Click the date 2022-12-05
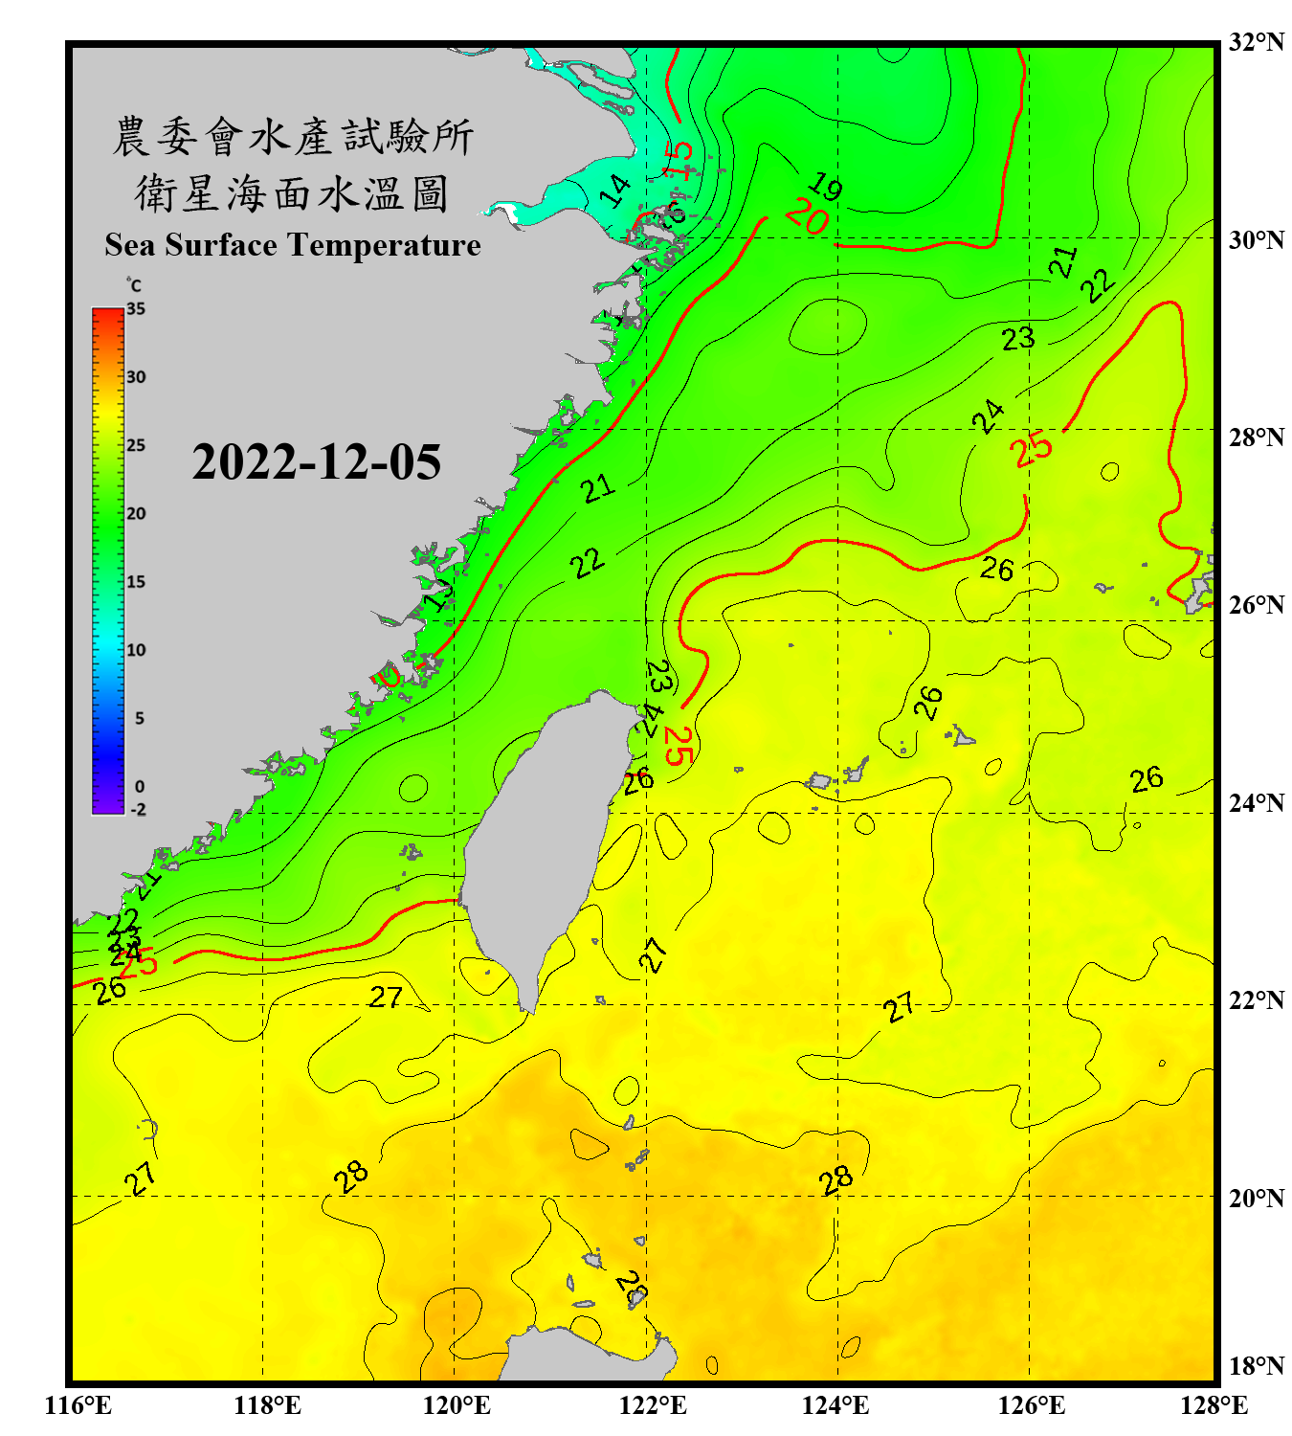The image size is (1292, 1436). tap(317, 462)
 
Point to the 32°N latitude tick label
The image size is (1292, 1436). tap(1256, 42)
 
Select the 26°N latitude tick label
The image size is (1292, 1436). tap(1256, 605)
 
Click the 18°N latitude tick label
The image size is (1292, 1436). tap(1256, 1366)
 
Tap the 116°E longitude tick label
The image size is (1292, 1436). tap(78, 1405)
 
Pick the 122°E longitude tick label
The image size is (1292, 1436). tap(653, 1405)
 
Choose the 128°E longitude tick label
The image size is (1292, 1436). tap(1214, 1405)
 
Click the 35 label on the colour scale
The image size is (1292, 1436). tap(136, 309)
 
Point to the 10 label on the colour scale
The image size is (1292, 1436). tap(136, 650)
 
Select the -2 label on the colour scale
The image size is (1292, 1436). tap(138, 810)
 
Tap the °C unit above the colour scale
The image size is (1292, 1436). tap(134, 286)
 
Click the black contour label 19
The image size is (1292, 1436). tap(824, 186)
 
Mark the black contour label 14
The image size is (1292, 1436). tap(615, 191)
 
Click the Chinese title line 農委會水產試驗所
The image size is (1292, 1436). tap(292, 137)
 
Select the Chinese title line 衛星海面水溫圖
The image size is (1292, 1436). tap(292, 194)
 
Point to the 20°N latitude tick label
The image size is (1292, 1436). tap(1256, 1198)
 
